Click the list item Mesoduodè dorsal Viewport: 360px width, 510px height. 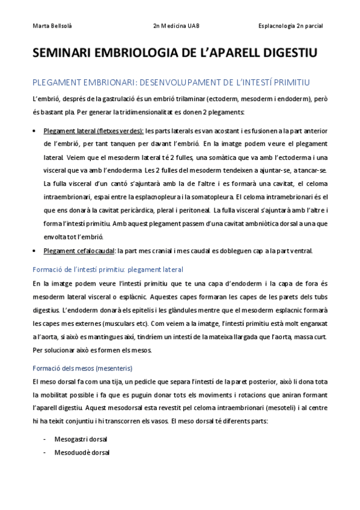tap(82, 452)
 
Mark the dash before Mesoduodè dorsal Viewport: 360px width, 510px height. tap(44, 452)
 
